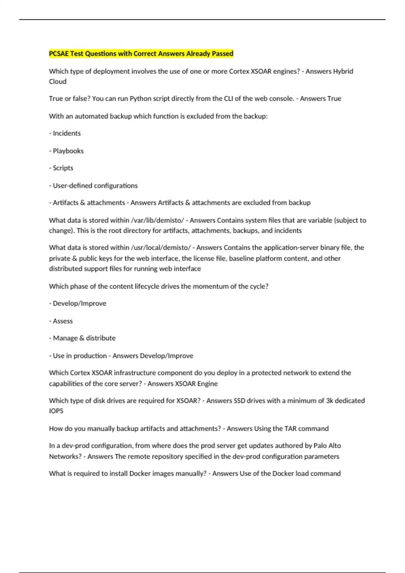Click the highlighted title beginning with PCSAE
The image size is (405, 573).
click(x=141, y=54)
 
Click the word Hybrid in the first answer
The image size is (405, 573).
click(x=343, y=71)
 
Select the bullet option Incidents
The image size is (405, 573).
click(x=66, y=133)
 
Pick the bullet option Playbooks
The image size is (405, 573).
click(x=68, y=151)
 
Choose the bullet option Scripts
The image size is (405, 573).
click(x=63, y=168)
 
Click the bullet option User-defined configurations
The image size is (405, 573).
click(x=95, y=186)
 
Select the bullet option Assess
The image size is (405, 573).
click(x=62, y=321)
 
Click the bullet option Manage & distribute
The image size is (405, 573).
click(x=84, y=338)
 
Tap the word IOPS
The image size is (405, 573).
click(x=56, y=411)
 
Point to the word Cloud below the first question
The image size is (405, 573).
click(x=58, y=82)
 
